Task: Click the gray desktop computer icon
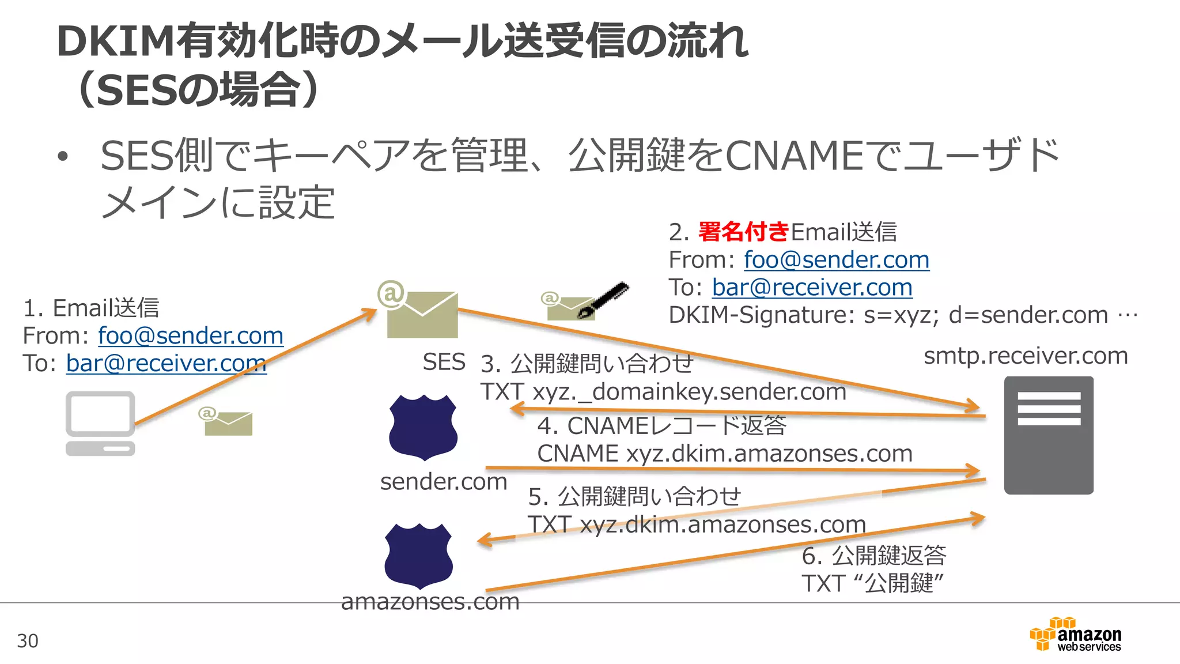tap(100, 422)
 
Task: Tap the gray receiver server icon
tap(1048, 435)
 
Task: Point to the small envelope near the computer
tap(228, 422)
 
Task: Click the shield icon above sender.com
tap(423, 427)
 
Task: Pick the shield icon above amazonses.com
tap(418, 555)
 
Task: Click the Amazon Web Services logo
tap(1076, 635)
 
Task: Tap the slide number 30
tap(28, 641)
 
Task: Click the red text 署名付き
tap(743, 232)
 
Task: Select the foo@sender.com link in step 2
tap(836, 260)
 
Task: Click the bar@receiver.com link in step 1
tap(166, 363)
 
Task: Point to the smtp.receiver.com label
tap(1026, 356)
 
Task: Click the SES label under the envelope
tap(444, 362)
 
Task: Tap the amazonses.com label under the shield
tap(430, 602)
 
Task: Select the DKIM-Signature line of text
tap(902, 315)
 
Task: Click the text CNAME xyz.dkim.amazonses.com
tap(724, 454)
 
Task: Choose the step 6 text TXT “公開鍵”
tap(872, 583)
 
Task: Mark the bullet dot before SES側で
tap(63, 157)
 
